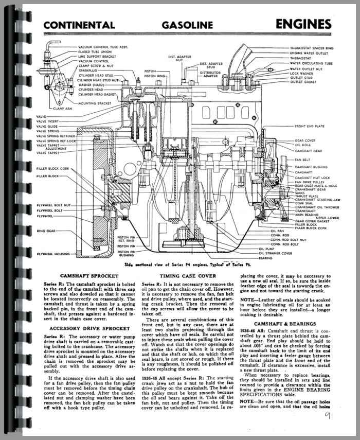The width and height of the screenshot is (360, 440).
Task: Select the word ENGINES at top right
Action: (303, 24)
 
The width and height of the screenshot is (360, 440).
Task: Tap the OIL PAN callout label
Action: (277, 231)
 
